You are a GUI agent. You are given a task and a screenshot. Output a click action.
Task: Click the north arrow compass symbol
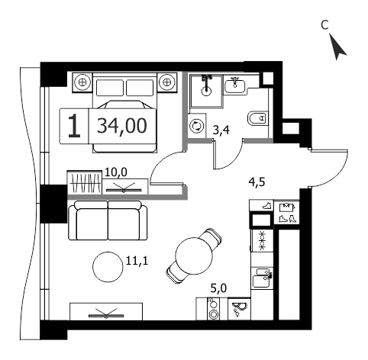[337, 47]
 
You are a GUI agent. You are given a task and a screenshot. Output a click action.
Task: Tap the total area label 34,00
[122, 126]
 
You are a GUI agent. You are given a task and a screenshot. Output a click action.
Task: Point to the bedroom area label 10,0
[116, 172]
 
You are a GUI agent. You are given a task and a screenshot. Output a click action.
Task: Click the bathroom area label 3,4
[221, 130]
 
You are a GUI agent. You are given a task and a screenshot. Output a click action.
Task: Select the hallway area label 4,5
[257, 182]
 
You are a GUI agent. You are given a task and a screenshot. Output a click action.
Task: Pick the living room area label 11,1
[137, 261]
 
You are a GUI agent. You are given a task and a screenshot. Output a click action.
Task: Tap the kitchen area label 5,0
[219, 288]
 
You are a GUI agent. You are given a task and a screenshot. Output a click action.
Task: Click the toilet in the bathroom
[257, 118]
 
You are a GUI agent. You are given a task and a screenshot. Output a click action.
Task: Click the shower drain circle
[206, 91]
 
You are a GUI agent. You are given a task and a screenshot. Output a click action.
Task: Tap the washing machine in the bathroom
[197, 126]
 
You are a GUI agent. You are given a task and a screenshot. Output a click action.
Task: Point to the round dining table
[194, 256]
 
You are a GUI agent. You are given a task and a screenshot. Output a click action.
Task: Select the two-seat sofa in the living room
[108, 220]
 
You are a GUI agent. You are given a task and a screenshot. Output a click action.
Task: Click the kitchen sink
[262, 278]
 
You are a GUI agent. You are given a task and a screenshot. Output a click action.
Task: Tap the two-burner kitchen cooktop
[213, 309]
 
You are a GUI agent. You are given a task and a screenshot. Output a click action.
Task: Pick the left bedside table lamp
[82, 82]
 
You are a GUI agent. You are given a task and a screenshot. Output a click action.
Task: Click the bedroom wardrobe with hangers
[85, 183]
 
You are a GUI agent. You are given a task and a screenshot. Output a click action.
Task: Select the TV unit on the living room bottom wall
[106, 311]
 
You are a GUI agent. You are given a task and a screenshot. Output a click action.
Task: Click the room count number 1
[74, 126]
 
